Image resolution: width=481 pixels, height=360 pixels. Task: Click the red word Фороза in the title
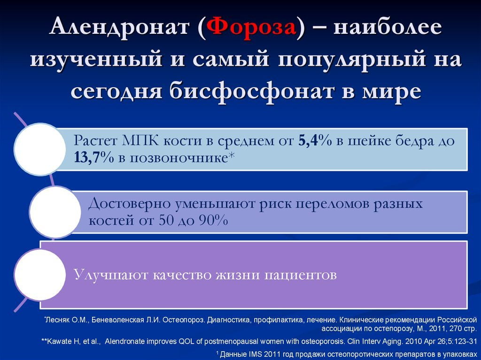(251, 27)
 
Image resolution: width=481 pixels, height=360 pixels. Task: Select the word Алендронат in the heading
(119, 27)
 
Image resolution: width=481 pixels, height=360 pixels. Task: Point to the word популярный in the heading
(351, 59)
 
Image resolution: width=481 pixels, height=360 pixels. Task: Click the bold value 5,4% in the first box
(315, 141)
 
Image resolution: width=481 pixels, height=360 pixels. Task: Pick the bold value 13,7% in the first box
(94, 158)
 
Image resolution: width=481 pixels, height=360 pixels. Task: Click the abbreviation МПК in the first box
(140, 141)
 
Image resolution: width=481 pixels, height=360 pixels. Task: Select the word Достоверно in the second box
(129, 204)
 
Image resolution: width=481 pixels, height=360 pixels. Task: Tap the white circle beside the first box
(40, 149)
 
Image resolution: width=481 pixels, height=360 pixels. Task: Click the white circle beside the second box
(55, 212)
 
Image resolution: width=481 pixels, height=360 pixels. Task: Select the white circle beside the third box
(40, 275)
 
